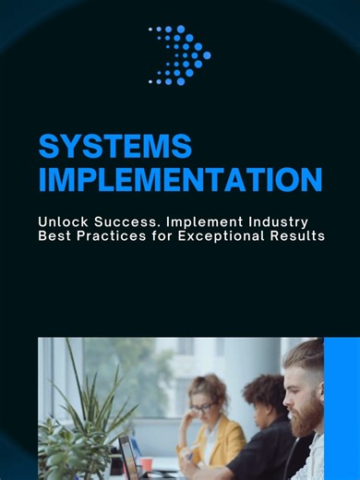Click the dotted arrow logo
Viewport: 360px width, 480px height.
coord(180,55)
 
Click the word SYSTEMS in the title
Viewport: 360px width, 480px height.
coord(114,146)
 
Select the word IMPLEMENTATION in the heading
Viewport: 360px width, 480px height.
coord(180,178)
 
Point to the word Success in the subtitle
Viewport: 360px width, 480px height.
coord(126,222)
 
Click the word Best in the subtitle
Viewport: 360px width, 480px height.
coord(54,237)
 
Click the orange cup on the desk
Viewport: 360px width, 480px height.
coord(147,464)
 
